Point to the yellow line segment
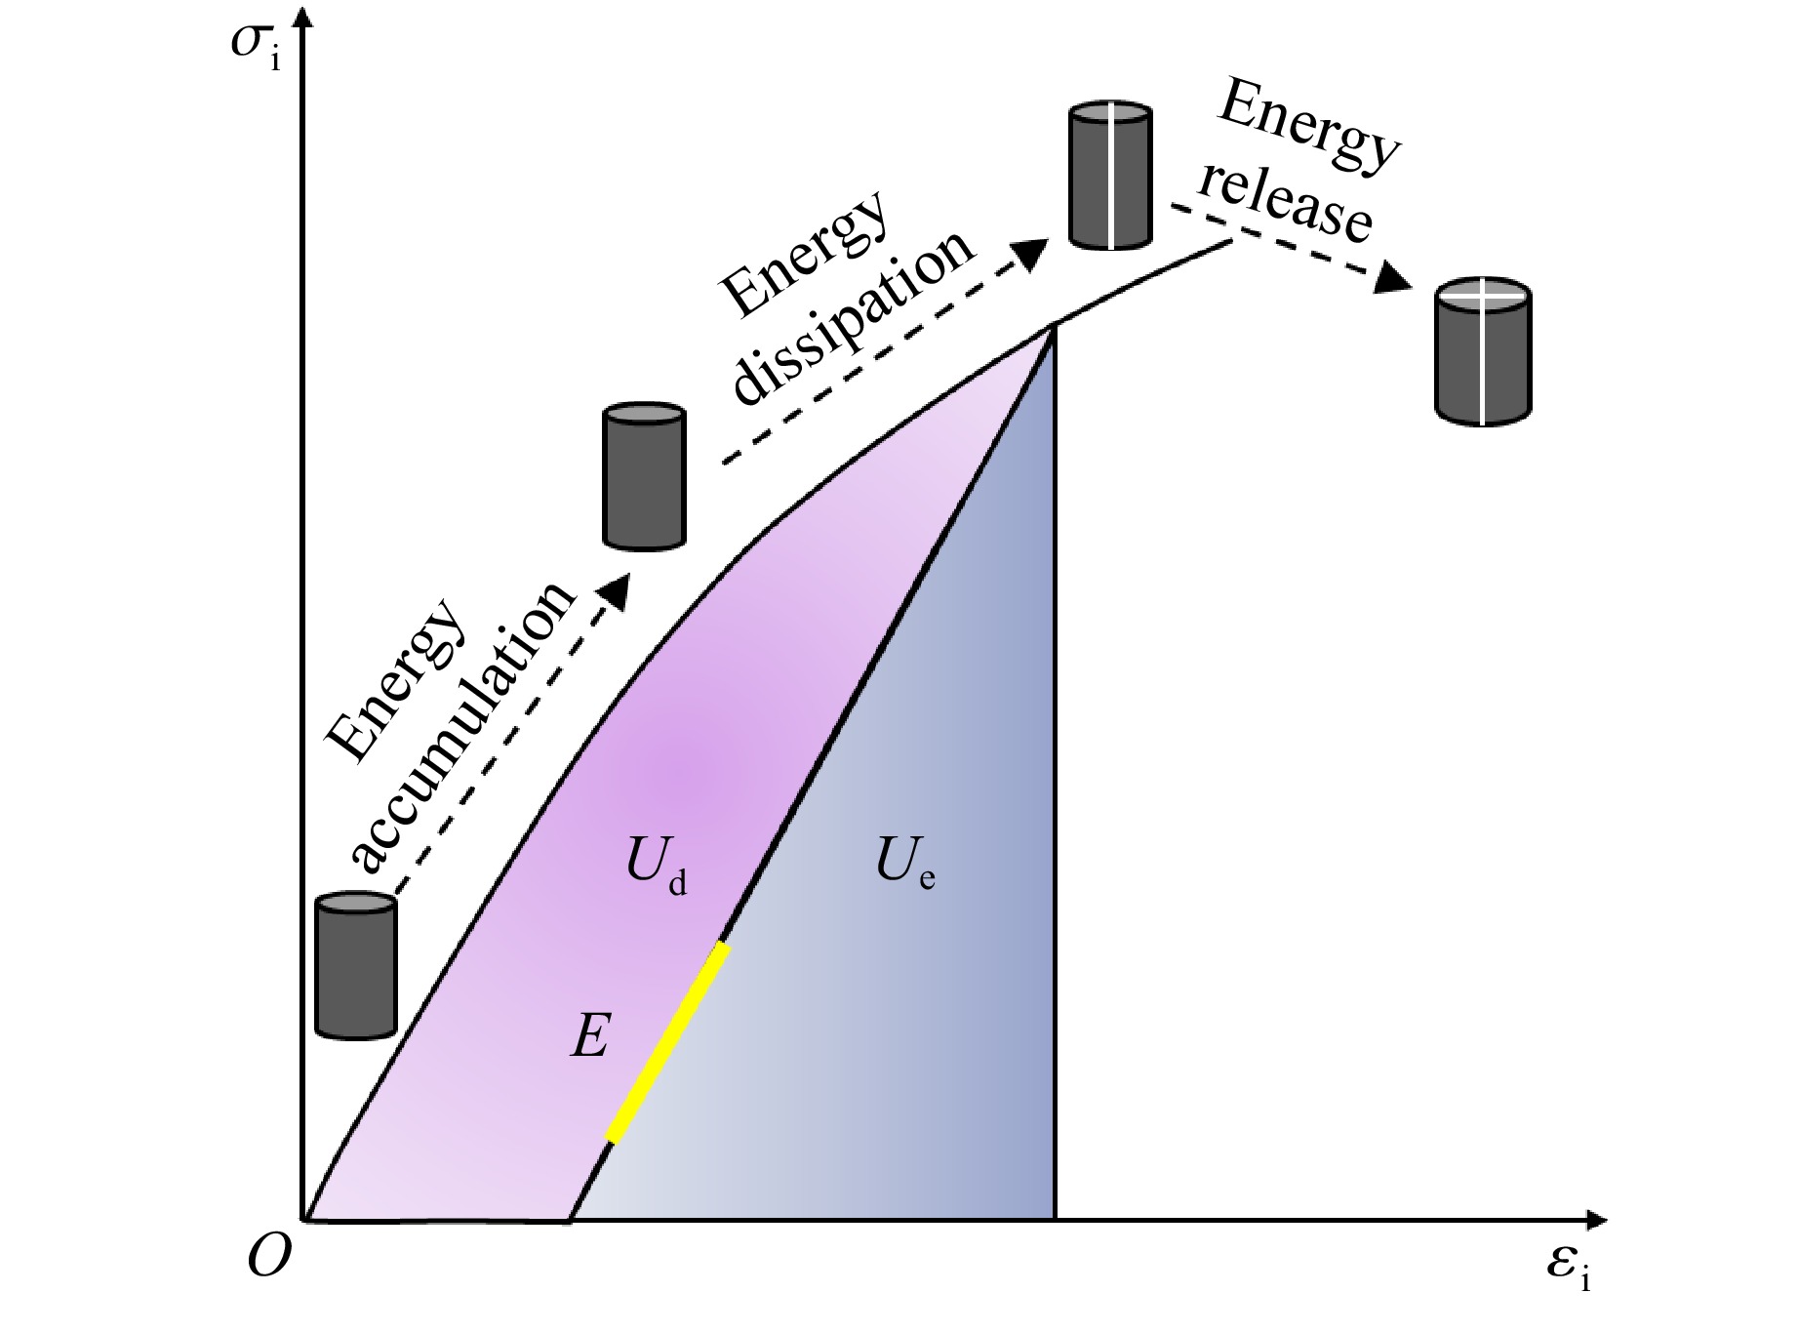(668, 1041)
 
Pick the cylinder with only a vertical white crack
(1110, 176)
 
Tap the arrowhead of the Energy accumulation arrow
(616, 589)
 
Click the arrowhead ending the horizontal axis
(1596, 1219)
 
